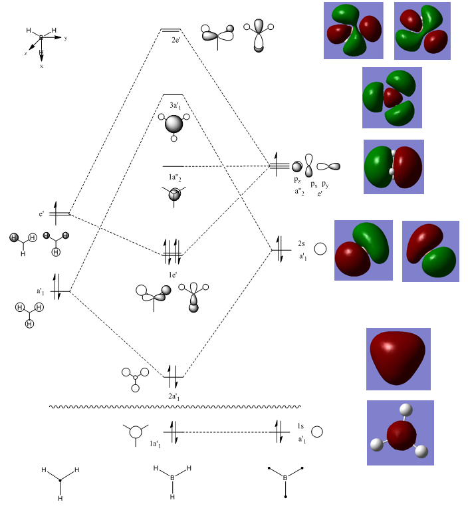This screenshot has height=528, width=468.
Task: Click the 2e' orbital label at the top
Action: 176,41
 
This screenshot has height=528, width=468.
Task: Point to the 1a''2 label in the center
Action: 173,177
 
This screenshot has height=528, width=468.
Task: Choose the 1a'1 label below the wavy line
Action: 155,444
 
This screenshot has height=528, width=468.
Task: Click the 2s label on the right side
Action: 300,243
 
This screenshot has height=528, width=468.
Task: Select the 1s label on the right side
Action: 300,426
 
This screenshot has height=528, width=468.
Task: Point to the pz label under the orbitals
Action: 297,180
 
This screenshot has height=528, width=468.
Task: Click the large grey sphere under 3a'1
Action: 174,124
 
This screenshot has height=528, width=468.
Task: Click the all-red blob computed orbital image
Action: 398,358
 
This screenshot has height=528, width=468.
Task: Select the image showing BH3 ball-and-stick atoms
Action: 400,432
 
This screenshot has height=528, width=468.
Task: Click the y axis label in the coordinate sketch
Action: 65,39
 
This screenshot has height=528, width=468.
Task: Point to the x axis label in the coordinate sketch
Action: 41,66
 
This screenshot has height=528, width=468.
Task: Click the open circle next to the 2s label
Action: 320,250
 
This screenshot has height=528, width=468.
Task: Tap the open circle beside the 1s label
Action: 318,432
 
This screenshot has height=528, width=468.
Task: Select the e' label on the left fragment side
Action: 41,214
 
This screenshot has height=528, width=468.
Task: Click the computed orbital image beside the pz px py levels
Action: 394,166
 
